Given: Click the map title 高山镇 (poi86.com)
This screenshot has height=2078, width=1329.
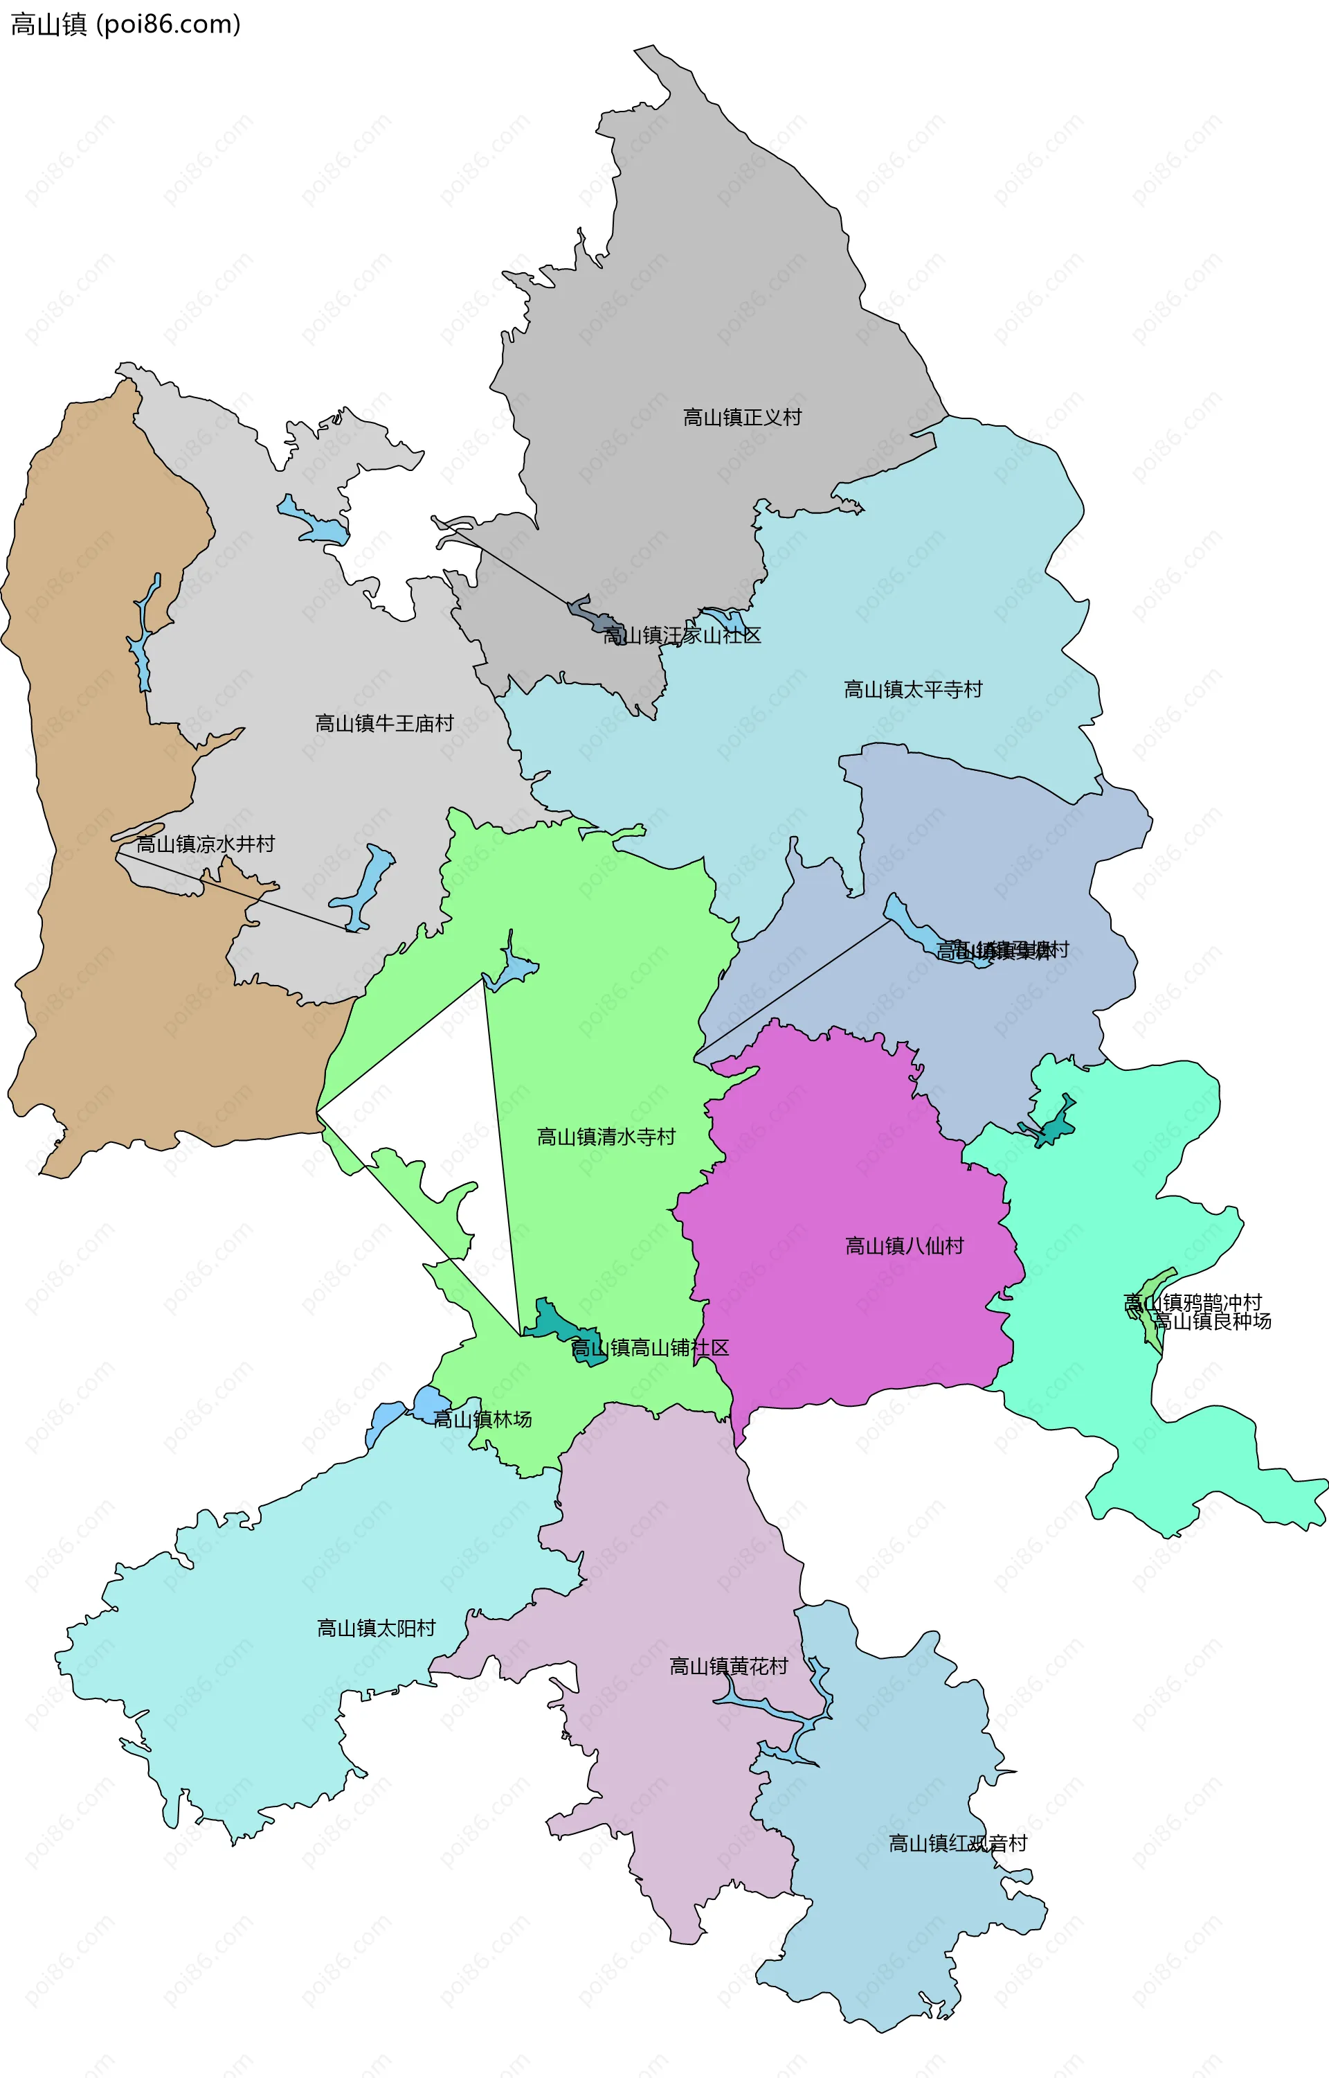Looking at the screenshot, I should (x=125, y=24).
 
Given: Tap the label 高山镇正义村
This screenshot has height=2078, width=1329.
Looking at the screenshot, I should (x=742, y=418).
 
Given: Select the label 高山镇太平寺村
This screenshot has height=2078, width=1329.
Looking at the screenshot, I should (x=913, y=690).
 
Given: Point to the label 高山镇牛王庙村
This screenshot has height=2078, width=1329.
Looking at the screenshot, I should (x=384, y=723).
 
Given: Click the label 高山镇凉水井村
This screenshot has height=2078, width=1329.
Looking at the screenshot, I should (x=206, y=844).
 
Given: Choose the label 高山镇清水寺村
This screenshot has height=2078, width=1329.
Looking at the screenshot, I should (x=606, y=1137).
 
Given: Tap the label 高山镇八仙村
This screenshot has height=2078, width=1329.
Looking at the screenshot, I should (x=905, y=1246).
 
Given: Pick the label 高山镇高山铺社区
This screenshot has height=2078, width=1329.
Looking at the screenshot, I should (x=650, y=1348).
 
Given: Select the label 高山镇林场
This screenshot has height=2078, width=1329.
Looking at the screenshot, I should (x=482, y=1419).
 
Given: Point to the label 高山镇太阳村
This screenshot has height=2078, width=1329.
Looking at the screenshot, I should (x=377, y=1628).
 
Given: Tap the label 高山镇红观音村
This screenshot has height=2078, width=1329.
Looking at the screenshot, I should (x=958, y=1844).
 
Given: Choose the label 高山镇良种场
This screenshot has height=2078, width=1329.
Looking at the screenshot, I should (x=1213, y=1322).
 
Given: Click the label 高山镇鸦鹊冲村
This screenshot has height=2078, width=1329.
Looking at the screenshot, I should (x=1193, y=1303).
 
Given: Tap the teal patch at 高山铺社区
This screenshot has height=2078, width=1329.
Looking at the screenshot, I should (x=552, y=1321).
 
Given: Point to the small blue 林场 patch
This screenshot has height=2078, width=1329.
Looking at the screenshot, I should (x=426, y=1403).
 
